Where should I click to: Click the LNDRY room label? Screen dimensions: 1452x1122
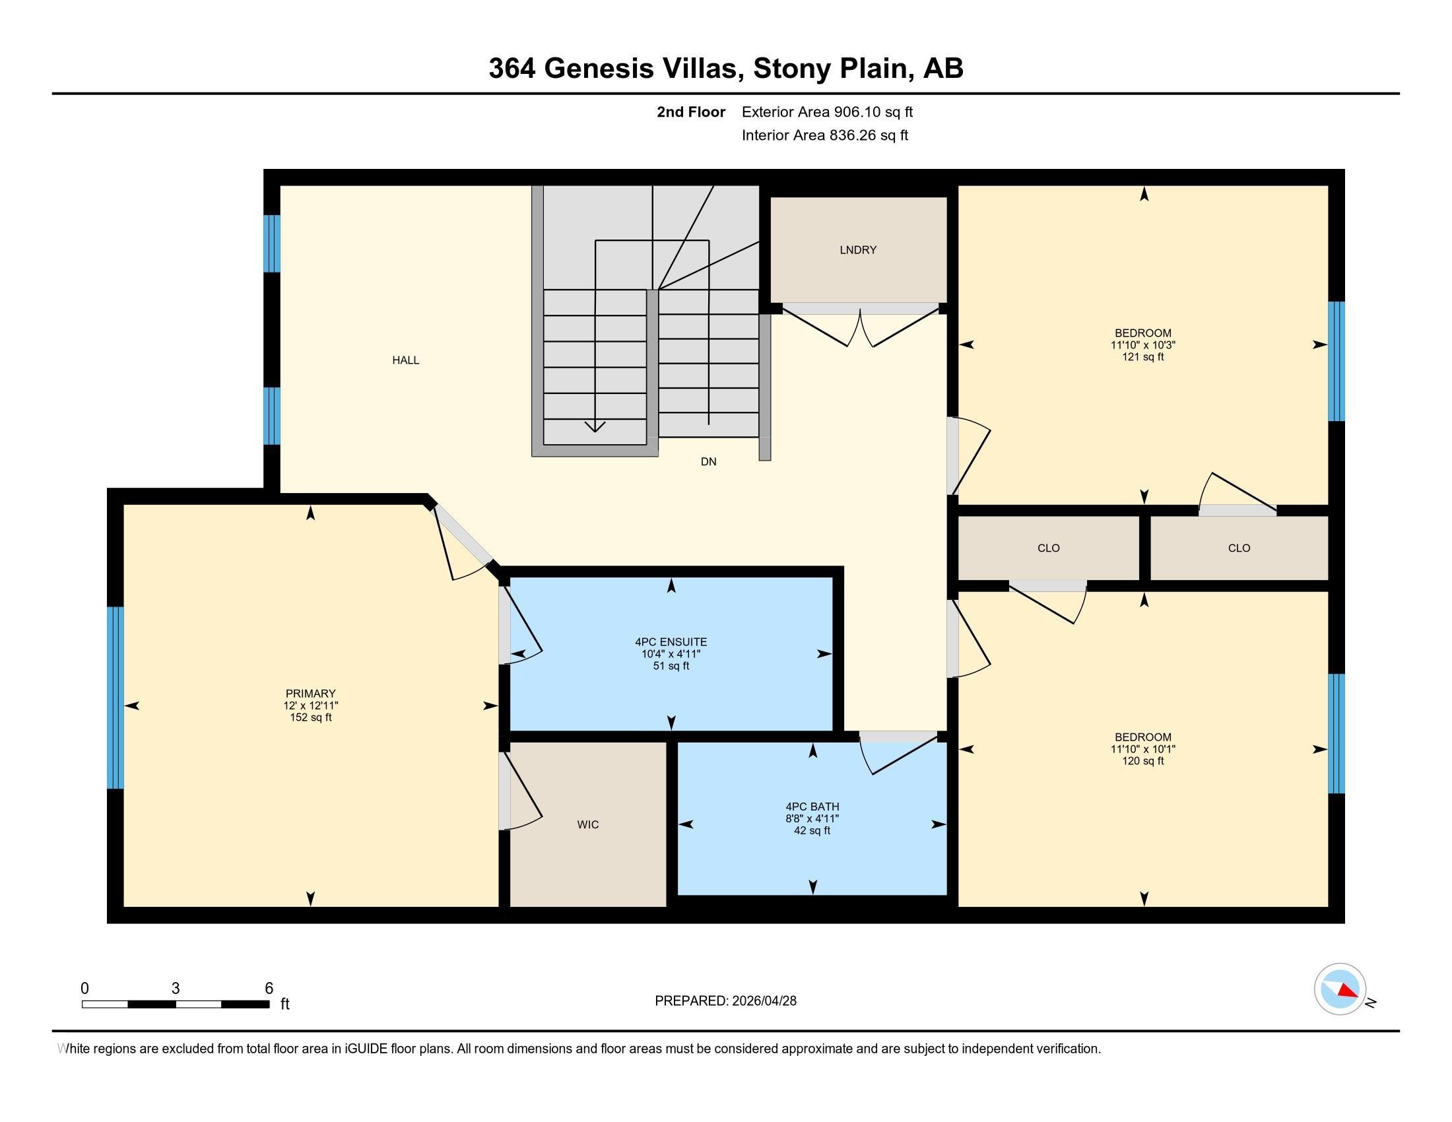[x=857, y=250]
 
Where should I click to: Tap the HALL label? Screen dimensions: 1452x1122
[x=405, y=360]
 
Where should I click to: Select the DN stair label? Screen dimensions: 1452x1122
[x=708, y=461]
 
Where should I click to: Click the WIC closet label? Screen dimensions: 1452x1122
[x=587, y=824]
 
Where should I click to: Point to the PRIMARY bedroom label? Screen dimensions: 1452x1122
[x=310, y=693]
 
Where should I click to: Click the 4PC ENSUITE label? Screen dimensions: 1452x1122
[x=671, y=642]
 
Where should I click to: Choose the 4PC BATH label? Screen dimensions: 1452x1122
[x=812, y=807]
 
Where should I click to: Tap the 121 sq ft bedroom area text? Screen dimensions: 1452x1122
[x=1143, y=357]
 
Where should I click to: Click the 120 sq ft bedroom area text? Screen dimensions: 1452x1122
[x=1143, y=761]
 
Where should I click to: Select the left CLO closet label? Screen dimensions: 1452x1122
[x=1049, y=548]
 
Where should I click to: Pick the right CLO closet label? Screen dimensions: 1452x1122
[x=1239, y=548]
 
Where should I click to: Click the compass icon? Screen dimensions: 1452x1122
[x=1340, y=989]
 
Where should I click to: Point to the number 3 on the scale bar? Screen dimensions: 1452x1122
[x=176, y=989]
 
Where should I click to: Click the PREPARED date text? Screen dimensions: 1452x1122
[x=725, y=1001]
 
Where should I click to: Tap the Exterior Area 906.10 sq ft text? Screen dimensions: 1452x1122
[x=827, y=112]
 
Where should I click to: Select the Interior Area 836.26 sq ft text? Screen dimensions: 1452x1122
[x=824, y=135]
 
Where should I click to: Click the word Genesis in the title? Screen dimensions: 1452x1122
[x=599, y=69]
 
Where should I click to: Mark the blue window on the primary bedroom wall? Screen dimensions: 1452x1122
[x=115, y=697]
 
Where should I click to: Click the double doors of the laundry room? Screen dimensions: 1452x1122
[x=860, y=325]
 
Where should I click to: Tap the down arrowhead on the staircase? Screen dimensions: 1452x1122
[x=595, y=426]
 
